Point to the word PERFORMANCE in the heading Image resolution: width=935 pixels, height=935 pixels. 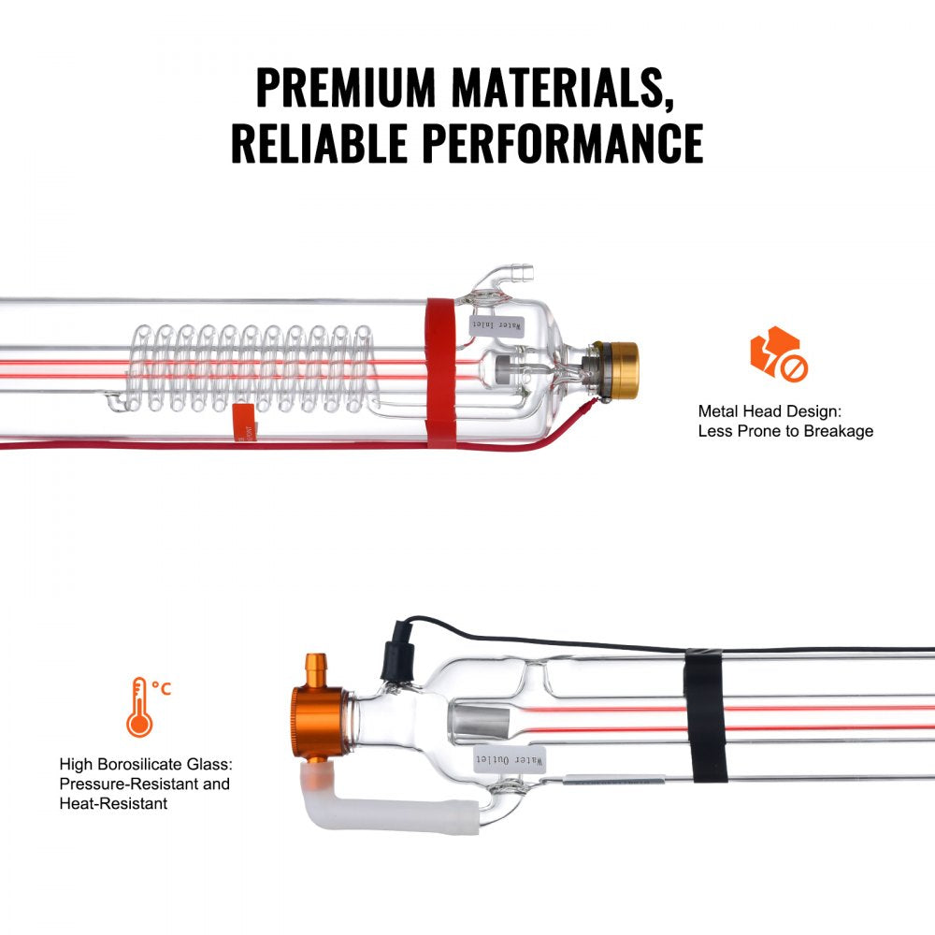pyautogui.click(x=561, y=143)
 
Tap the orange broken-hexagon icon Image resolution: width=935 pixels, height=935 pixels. pyautogui.click(x=777, y=352)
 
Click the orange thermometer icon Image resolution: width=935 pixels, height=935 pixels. pyautogui.click(x=140, y=707)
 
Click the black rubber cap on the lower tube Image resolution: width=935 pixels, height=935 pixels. pyautogui.click(x=392, y=658)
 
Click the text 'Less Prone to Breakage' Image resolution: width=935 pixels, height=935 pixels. pyautogui.click(x=785, y=431)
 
